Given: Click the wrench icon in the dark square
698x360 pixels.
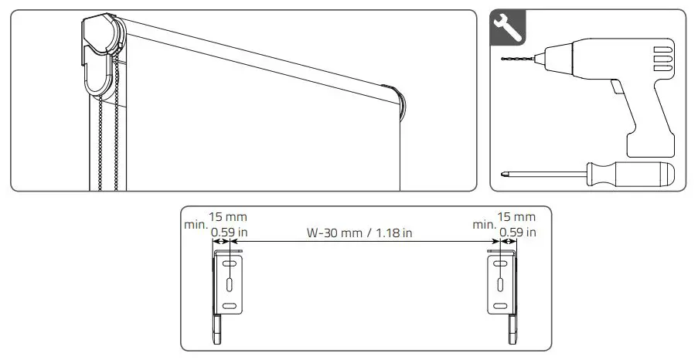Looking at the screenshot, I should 506,28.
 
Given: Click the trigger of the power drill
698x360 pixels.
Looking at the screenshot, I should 619,89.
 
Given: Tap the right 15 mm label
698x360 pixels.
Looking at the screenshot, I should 517,217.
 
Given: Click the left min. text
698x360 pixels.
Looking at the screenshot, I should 196,225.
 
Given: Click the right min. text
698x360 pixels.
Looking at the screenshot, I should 484,225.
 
